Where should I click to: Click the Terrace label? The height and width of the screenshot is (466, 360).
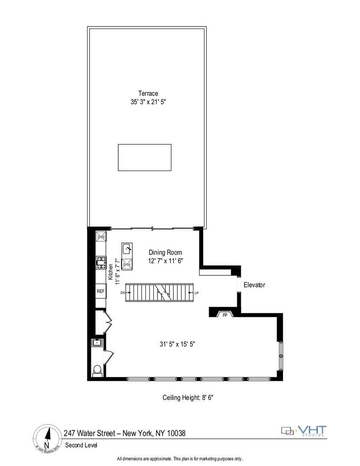148,93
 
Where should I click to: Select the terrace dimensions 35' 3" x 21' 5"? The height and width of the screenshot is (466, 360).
148,102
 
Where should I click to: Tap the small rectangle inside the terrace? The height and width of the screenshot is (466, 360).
144,157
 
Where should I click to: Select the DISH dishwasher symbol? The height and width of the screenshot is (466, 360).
100,237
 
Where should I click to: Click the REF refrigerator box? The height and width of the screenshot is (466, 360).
101,291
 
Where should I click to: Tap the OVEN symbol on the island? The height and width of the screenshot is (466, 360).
127,265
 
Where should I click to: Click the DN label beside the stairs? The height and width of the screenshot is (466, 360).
122,293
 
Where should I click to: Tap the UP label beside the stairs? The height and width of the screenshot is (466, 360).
197,293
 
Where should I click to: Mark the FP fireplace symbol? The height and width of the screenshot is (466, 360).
225,315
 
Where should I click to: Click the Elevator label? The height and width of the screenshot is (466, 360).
254,285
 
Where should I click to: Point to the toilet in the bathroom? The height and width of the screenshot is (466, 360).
97,370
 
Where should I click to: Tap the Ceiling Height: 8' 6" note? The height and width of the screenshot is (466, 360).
188,397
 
